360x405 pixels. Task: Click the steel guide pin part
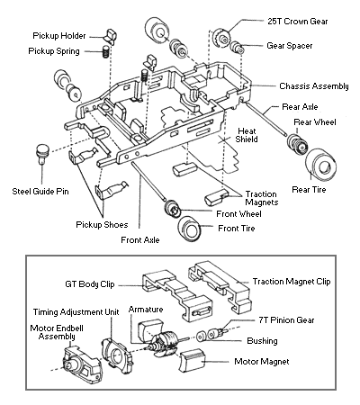(42, 153)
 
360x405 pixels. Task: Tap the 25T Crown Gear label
(298, 22)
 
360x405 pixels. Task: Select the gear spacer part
(237, 47)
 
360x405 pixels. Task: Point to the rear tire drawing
(320, 165)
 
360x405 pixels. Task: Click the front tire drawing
(189, 229)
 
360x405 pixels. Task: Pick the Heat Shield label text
(247, 135)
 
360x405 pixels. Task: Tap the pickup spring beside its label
(105, 51)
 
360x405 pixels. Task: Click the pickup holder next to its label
(110, 37)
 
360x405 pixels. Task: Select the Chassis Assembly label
(314, 86)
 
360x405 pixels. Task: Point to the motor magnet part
(192, 360)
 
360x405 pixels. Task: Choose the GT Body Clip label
(90, 284)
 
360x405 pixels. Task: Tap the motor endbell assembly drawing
(82, 360)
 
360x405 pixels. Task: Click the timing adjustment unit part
(117, 354)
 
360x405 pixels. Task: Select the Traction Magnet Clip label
(292, 282)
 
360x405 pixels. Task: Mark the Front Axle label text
(140, 240)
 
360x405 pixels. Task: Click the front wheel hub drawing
(172, 208)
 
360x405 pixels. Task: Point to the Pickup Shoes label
(102, 225)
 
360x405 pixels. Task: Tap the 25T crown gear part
(221, 38)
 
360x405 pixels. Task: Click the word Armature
(146, 310)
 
